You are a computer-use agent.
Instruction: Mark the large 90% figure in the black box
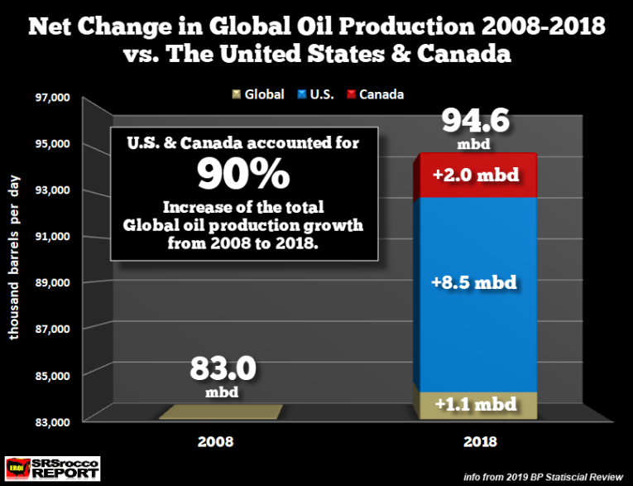pos(243,173)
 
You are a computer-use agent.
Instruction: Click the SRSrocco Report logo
pos(51,468)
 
